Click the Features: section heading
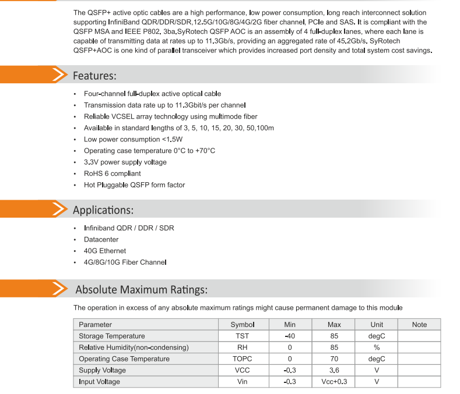point(94,76)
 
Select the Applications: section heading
point(103,210)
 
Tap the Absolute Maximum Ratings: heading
point(141,290)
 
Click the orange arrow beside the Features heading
point(59,76)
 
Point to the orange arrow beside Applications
point(59,210)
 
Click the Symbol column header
point(243,325)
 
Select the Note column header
point(419,325)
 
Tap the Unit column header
point(377,325)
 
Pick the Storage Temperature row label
point(112,336)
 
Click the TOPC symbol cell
point(243,359)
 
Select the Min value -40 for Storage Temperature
point(290,336)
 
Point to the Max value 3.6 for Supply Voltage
point(334,370)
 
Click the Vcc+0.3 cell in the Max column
point(334,382)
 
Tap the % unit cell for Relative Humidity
point(377,347)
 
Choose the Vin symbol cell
point(243,382)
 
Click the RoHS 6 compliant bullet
point(113,173)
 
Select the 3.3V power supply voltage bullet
point(125,162)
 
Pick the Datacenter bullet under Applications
point(101,240)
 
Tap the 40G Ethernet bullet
point(105,251)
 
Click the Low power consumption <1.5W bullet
point(133,140)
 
